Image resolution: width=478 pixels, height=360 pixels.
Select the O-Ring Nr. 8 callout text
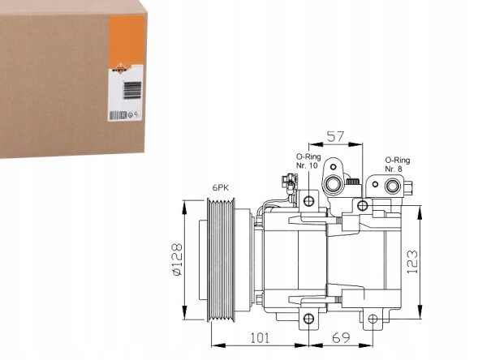398,165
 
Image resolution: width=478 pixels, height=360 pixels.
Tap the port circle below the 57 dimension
334,185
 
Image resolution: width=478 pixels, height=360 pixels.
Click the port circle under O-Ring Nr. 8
393,186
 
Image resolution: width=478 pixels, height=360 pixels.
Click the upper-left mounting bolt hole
308,201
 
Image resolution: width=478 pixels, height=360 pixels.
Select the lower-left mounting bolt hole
308,318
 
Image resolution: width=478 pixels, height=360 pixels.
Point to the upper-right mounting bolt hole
363,205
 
